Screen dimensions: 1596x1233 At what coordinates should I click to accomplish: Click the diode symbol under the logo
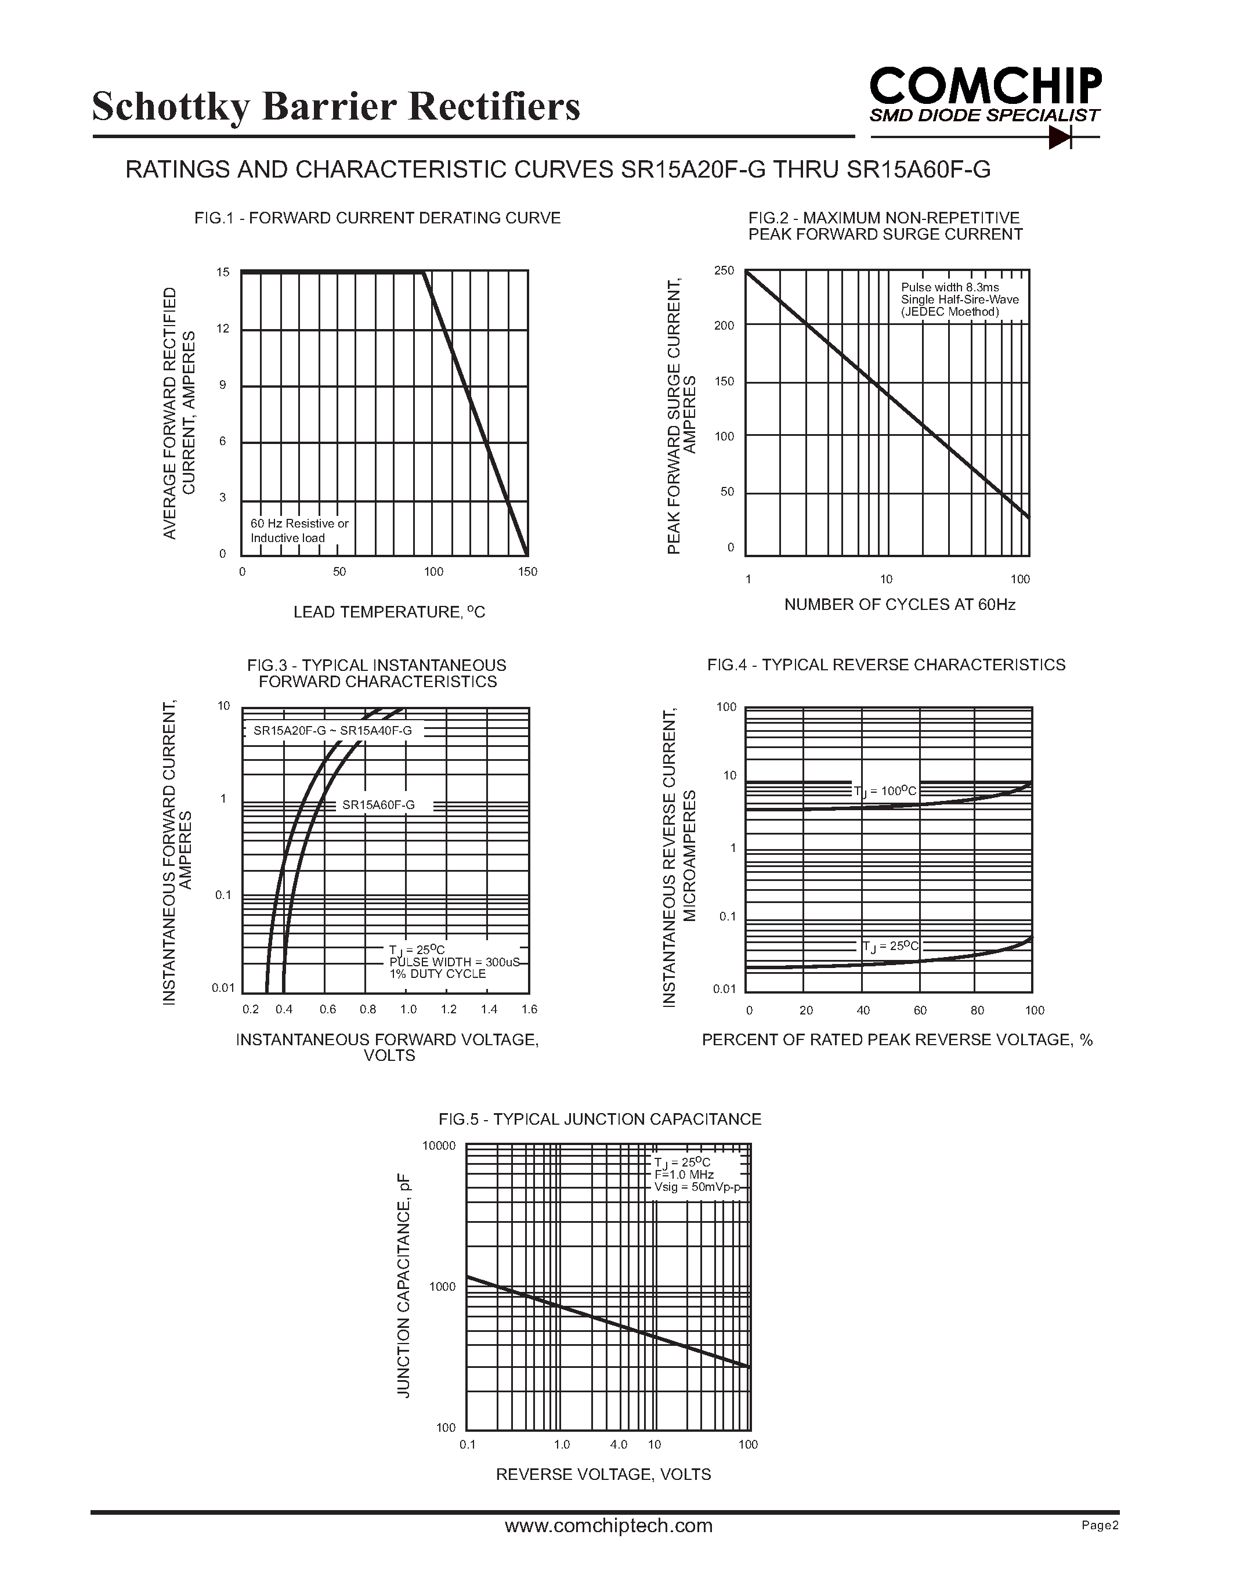coord(1060,136)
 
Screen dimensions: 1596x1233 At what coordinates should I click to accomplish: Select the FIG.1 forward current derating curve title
coord(377,218)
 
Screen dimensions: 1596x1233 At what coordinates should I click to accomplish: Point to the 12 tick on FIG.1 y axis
coord(223,329)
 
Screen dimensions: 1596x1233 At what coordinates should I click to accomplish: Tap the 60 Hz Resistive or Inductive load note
coord(299,530)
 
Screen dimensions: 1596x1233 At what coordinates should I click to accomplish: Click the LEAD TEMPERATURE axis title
coord(389,612)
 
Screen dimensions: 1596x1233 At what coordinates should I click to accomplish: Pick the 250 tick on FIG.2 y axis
coord(724,271)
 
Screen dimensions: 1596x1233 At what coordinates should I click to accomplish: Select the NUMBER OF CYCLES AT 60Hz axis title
coord(899,604)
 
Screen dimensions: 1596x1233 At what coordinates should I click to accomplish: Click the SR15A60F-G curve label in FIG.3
coord(378,804)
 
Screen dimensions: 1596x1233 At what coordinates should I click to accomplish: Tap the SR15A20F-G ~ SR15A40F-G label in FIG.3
coord(332,731)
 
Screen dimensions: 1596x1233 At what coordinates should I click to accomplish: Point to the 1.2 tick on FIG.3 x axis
coord(448,1009)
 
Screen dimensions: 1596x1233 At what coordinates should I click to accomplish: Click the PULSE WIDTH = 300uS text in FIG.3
coord(454,962)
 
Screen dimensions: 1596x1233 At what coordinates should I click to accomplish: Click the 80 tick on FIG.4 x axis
coord(977,1010)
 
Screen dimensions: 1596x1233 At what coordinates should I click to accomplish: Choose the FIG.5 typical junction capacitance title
coord(600,1119)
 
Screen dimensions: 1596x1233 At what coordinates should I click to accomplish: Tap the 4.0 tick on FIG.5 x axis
coord(618,1444)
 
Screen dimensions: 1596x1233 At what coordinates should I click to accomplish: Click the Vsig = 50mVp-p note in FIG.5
coord(697,1187)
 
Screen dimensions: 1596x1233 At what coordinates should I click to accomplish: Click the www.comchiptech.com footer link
coord(609,1525)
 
